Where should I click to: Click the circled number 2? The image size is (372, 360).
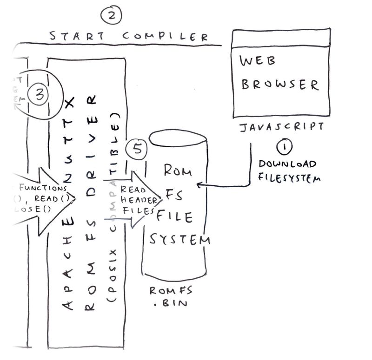click(x=112, y=15)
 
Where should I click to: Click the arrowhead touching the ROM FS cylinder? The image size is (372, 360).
click(x=199, y=185)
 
